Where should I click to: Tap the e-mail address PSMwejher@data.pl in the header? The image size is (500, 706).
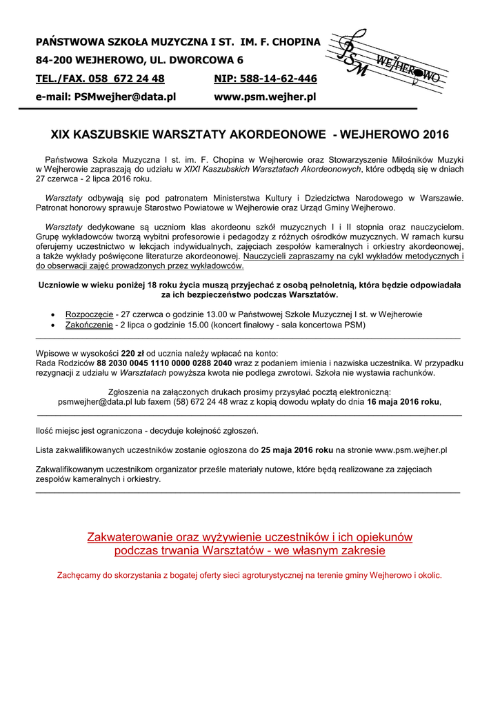[x=125, y=97]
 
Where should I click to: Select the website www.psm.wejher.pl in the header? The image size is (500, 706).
[x=265, y=97]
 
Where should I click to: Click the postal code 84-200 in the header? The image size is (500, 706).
[x=55, y=61]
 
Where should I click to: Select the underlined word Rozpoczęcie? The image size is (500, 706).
[x=89, y=314]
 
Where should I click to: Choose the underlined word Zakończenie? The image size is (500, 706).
[x=89, y=324]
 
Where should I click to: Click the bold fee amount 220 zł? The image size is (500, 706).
[x=132, y=352]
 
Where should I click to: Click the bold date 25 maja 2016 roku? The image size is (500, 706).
[x=297, y=450]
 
